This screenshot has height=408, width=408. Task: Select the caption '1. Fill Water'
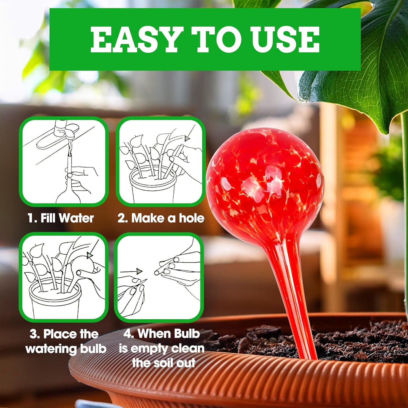(x=60, y=218)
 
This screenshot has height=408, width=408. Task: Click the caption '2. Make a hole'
(x=161, y=218)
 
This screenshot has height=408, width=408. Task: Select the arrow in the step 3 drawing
(x=90, y=255)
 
